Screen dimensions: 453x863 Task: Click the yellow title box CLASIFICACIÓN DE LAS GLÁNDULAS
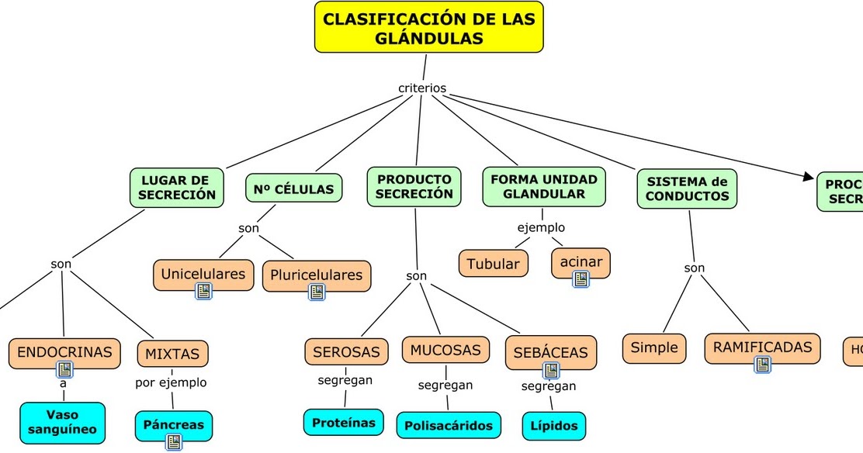[428, 27]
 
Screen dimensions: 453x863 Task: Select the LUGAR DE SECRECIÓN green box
[177, 187]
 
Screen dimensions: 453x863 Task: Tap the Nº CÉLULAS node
[293, 188]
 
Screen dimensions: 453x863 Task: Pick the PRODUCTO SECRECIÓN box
[414, 187]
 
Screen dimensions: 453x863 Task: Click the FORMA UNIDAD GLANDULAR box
[543, 187]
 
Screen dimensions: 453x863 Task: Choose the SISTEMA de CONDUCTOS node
[687, 188]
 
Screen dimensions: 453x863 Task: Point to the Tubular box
[494, 264]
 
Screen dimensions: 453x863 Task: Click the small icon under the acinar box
[581, 279]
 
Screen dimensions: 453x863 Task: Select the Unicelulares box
[203, 274]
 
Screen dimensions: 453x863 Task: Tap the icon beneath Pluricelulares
[317, 292]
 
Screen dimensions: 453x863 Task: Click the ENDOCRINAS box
[64, 352]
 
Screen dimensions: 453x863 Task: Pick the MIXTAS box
[172, 354]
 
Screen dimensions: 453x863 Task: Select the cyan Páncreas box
[173, 425]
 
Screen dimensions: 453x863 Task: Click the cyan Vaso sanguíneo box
[62, 423]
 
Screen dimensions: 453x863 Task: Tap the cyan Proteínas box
[343, 423]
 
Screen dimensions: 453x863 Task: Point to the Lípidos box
[554, 426]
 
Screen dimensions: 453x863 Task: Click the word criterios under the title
[422, 88]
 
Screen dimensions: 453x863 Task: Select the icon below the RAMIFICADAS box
[762, 365]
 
